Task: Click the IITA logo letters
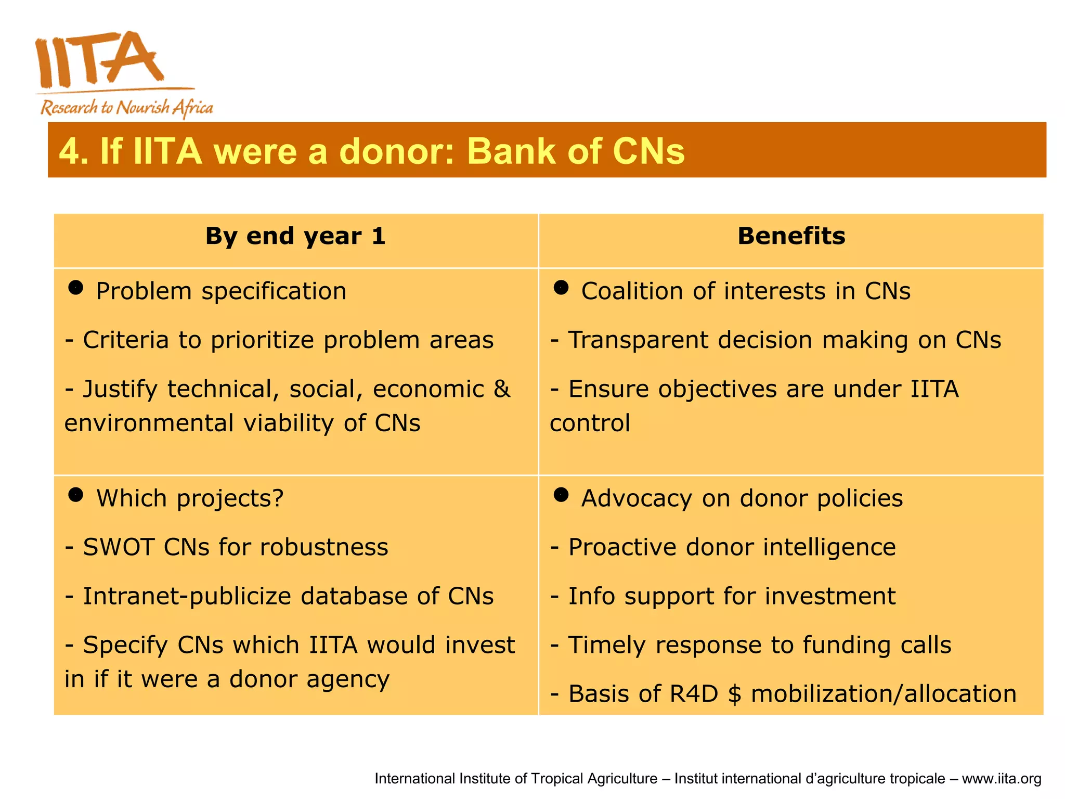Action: (x=99, y=60)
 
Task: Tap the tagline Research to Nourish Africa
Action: (x=127, y=108)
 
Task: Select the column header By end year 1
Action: (x=295, y=236)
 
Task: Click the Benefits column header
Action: (x=791, y=236)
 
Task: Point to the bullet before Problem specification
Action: (x=76, y=288)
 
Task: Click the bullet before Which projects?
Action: (x=76, y=495)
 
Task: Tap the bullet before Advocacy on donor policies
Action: (x=561, y=495)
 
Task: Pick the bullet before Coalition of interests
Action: (x=561, y=288)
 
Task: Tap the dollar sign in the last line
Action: (x=734, y=694)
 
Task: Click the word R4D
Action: (x=695, y=694)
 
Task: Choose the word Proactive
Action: (x=622, y=547)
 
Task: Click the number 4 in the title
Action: (x=70, y=151)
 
